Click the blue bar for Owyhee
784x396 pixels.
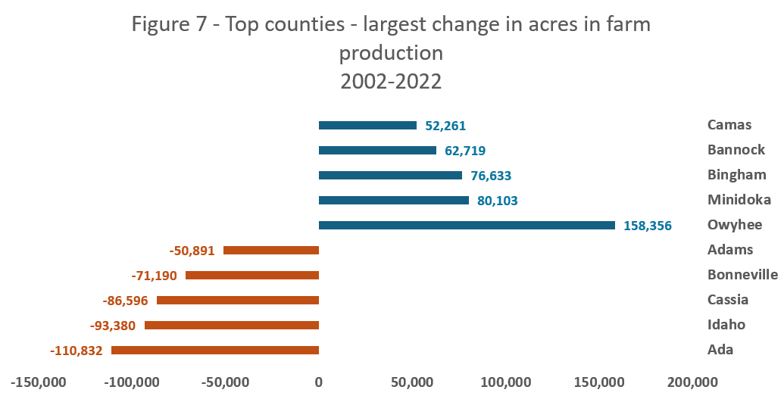[467, 225]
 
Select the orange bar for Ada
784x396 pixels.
[215, 350]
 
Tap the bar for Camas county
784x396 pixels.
[367, 125]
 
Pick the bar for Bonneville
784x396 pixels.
[252, 275]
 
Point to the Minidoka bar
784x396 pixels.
[394, 200]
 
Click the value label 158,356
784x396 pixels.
[648, 226]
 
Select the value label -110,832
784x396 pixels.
[76, 351]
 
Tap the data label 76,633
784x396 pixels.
[489, 176]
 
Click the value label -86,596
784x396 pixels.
[125, 301]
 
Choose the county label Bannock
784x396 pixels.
[736, 150]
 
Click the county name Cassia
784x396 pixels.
[728, 300]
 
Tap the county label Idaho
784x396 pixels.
[726, 325]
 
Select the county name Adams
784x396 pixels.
[729, 250]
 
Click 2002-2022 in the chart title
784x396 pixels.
[391, 81]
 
